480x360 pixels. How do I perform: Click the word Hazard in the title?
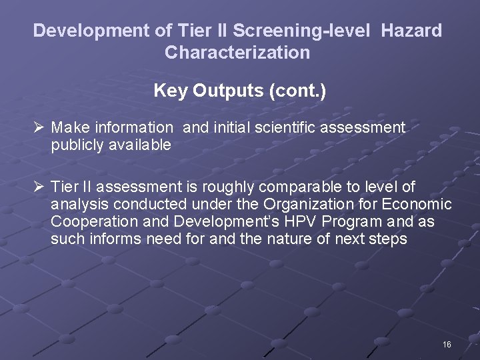[411, 31]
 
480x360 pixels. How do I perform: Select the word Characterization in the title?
[237, 53]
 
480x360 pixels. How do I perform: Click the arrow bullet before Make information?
[38, 127]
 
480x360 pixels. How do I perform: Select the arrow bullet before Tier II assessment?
[38, 187]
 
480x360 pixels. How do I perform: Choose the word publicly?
[75, 145]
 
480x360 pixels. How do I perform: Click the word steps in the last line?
[388, 239]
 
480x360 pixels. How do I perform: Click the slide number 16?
[447, 344]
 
